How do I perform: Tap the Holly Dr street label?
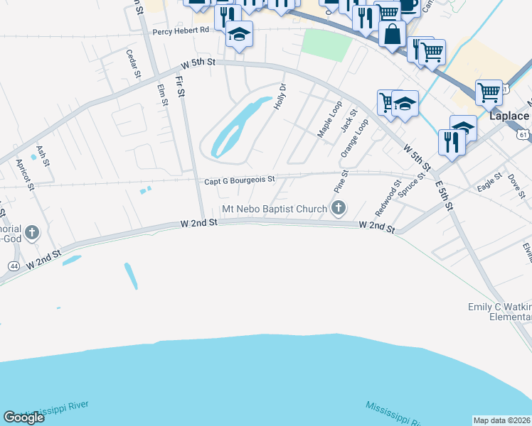pyautogui.click(x=280, y=97)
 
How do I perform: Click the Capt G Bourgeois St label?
pyautogui.click(x=239, y=180)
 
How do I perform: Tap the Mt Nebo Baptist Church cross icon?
pyautogui.click(x=339, y=208)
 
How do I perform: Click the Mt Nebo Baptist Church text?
pyautogui.click(x=274, y=209)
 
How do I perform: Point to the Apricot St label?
pyautogui.click(x=25, y=175)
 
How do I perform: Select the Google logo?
pyautogui.click(x=23, y=417)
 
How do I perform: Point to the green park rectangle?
pyautogui.click(x=326, y=44)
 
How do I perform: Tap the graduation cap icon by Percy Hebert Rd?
pyautogui.click(x=240, y=33)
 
